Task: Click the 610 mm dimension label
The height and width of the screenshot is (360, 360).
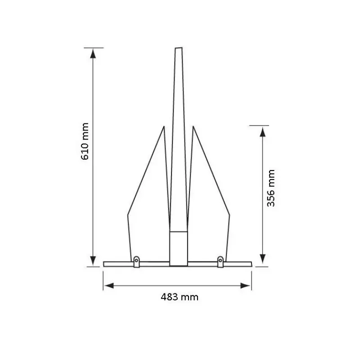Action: pyautogui.click(x=85, y=141)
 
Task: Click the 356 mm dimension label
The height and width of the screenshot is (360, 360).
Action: pyautogui.click(x=271, y=188)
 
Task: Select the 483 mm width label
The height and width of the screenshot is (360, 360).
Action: pyautogui.click(x=180, y=297)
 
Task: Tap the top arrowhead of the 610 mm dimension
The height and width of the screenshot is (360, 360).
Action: pyautogui.click(x=93, y=54)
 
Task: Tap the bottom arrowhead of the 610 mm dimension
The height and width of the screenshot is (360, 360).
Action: pyautogui.click(x=93, y=261)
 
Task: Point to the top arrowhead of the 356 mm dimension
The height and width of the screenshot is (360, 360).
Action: pyautogui.click(x=263, y=132)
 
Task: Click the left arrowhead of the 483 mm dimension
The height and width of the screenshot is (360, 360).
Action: pyautogui.click(x=109, y=286)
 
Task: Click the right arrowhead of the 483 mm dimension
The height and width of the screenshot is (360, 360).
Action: pyautogui.click(x=245, y=286)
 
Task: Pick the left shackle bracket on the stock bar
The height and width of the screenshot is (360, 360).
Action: pyautogui.click(x=137, y=262)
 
